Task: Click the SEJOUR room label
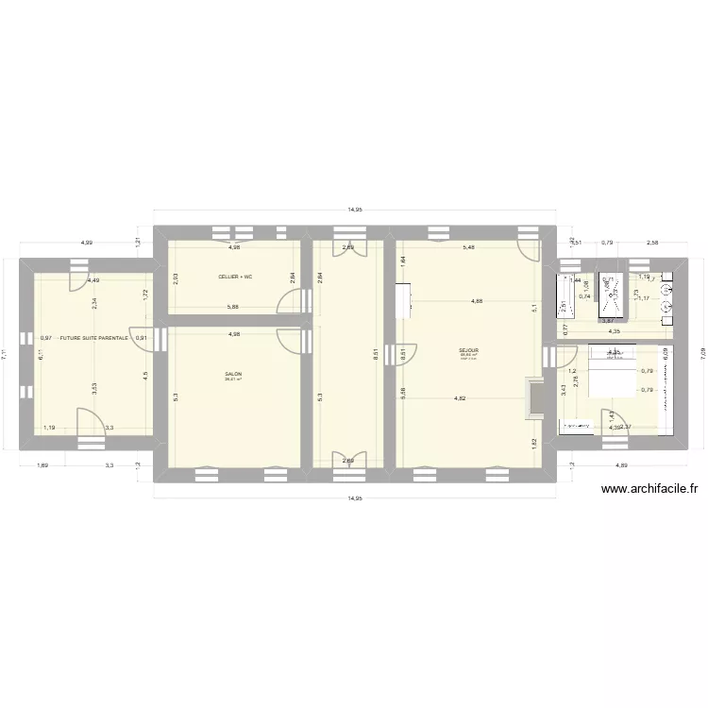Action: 468,349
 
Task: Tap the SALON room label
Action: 233,374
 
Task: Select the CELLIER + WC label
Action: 234,277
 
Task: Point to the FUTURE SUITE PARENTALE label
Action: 93,337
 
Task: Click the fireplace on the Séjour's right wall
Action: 535,396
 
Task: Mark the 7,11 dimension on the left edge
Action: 8,352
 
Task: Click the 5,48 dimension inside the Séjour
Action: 467,247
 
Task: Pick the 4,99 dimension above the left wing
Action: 86,243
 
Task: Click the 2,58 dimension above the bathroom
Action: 653,243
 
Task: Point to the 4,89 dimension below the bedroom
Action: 620,465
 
